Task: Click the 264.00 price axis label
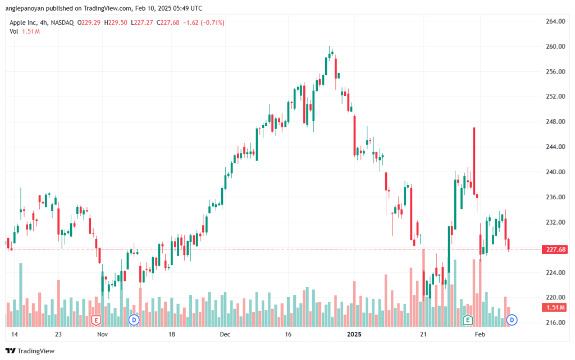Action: coord(555,21)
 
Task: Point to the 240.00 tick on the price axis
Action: coord(555,172)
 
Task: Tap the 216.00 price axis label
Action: coord(555,322)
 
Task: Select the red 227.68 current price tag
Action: coord(555,250)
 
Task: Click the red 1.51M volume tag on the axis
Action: coord(555,307)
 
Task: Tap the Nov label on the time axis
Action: coord(103,334)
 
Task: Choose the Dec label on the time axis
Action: coord(225,334)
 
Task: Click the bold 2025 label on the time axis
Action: coord(355,334)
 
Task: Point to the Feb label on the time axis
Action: coord(480,334)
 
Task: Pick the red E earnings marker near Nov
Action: coord(96,321)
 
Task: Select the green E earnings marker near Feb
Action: coord(468,320)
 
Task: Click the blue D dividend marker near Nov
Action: coord(134,320)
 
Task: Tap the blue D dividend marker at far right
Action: coord(512,320)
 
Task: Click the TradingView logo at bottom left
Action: coord(30,351)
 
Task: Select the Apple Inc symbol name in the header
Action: coord(22,22)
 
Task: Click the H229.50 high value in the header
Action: coord(116,22)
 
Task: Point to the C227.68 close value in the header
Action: coord(168,22)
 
